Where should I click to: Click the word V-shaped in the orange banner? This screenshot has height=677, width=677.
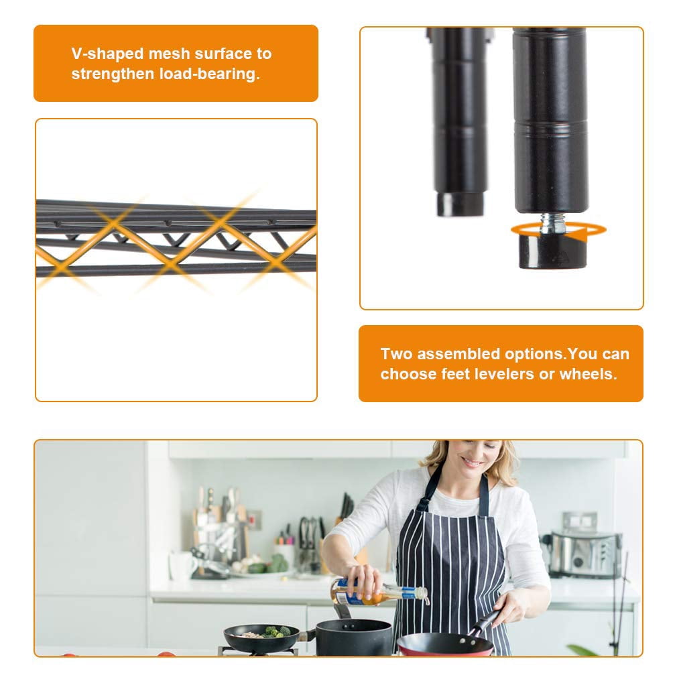point(107,54)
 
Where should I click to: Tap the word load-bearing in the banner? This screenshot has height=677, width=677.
point(209,74)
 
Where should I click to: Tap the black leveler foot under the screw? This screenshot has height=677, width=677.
point(552,251)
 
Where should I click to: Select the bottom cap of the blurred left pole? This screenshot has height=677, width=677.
point(459,204)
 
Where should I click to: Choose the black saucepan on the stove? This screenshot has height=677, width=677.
point(354,637)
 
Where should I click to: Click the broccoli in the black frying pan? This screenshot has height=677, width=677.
point(276,631)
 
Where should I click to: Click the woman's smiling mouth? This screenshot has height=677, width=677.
point(471,463)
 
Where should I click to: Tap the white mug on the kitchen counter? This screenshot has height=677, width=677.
point(180,566)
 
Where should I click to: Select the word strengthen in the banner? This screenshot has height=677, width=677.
point(113,74)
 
